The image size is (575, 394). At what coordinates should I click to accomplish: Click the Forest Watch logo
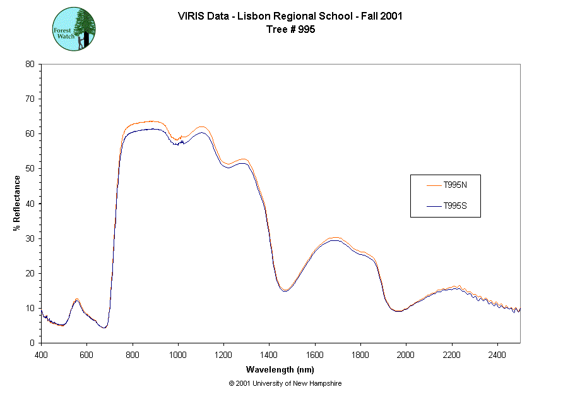pyautogui.click(x=74, y=29)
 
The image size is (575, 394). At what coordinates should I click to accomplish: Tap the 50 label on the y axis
pyautogui.click(x=30, y=169)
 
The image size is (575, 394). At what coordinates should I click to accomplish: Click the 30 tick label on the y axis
pyautogui.click(x=30, y=238)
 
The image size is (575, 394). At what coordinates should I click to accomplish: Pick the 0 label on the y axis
pyautogui.click(x=32, y=343)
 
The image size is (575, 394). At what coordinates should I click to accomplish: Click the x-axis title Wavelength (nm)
pyautogui.click(x=280, y=370)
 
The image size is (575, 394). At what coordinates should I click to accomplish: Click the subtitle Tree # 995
pyautogui.click(x=290, y=29)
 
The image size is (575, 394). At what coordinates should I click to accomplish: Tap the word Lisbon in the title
pyautogui.click(x=251, y=16)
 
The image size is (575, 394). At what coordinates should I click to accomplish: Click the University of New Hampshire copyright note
pyautogui.click(x=285, y=383)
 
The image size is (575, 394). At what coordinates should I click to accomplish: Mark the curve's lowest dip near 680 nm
pyautogui.click(x=105, y=327)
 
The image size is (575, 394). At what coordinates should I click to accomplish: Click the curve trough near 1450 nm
pyautogui.click(x=285, y=291)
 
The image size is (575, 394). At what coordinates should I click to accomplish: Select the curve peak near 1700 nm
pyautogui.click(x=335, y=239)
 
